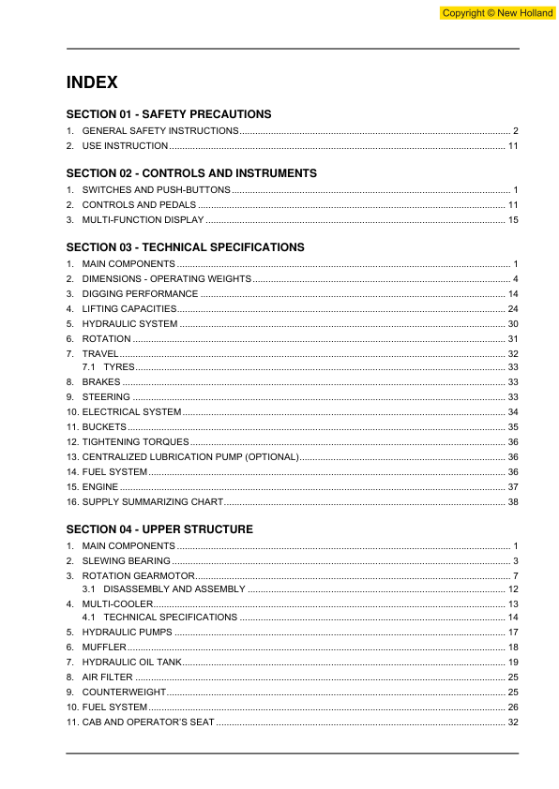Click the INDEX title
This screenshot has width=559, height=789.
click(x=92, y=82)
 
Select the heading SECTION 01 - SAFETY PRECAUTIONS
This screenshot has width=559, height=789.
click(x=169, y=114)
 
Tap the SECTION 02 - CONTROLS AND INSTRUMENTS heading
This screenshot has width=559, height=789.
click(x=191, y=173)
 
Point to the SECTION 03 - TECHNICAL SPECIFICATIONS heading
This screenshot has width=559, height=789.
click(x=185, y=247)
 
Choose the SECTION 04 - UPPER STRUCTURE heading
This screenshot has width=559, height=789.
click(x=159, y=529)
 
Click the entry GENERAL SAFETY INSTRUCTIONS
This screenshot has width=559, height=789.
click(x=160, y=131)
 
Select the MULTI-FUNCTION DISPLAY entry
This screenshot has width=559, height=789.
click(x=143, y=219)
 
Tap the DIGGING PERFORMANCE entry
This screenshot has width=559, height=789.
click(x=140, y=294)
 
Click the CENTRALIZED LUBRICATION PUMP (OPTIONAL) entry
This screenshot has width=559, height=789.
click(x=190, y=456)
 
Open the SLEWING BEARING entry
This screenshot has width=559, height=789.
click(x=127, y=560)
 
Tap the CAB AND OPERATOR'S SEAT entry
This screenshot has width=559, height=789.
click(x=148, y=722)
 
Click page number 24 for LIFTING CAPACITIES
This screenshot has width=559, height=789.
click(x=513, y=308)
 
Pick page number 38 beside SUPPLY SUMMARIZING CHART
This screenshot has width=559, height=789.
click(x=513, y=502)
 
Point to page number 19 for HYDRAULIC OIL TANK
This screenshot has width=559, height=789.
click(x=513, y=662)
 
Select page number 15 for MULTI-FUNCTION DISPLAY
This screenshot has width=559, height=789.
click(x=513, y=219)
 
